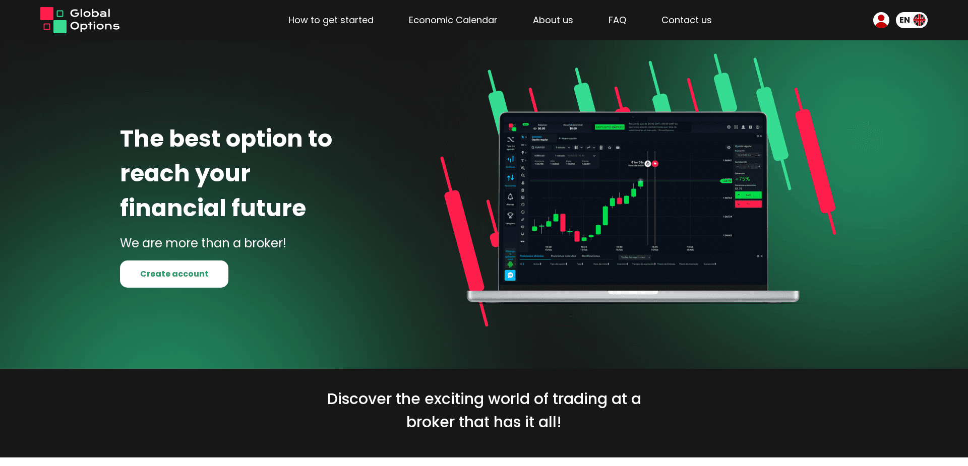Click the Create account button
[x=174, y=274]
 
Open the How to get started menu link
[x=331, y=20]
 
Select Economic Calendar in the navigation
[x=453, y=20]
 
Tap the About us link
[x=553, y=20]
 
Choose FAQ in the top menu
[x=617, y=20]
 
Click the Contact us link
[x=686, y=20]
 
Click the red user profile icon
[x=881, y=20]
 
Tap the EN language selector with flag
[x=912, y=20]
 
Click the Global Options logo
[x=80, y=20]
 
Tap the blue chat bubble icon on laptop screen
[x=510, y=275]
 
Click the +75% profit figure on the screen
[x=742, y=179]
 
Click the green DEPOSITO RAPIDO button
[x=610, y=127]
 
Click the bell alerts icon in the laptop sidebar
[x=510, y=197]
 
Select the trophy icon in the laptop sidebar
[x=510, y=216]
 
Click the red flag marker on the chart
[x=655, y=164]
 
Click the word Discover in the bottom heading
[x=359, y=399]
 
